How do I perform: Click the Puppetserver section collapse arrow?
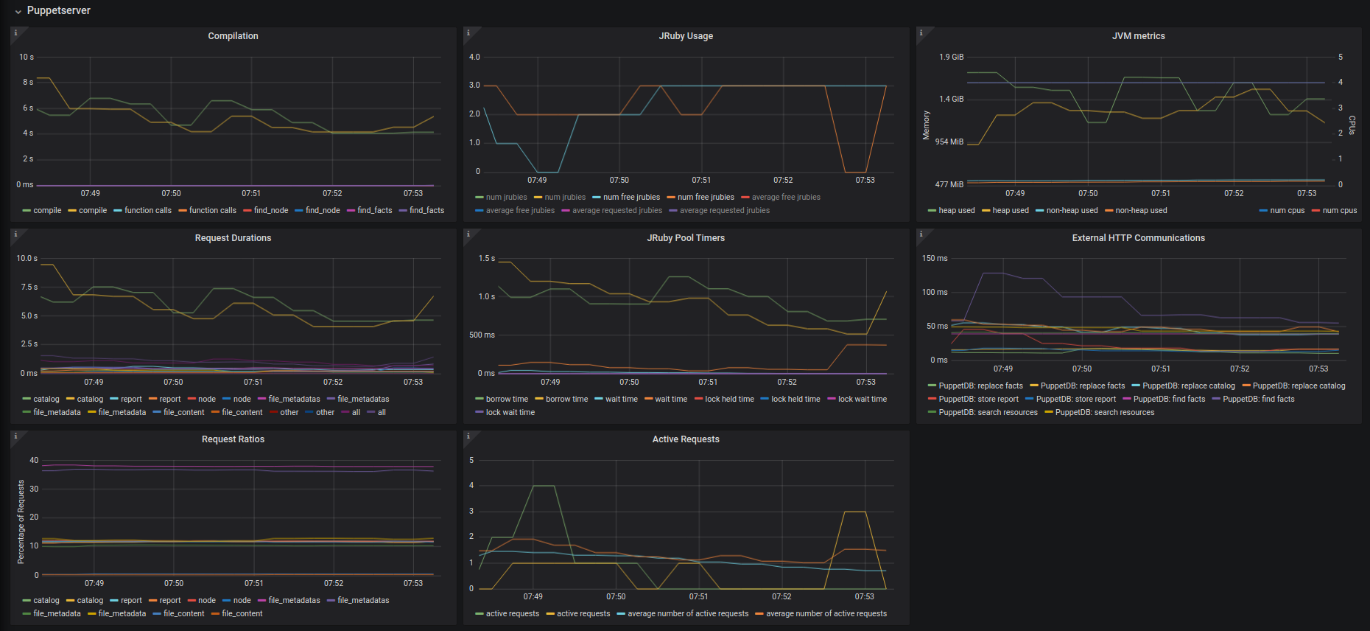(x=18, y=12)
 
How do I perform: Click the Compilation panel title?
(x=233, y=36)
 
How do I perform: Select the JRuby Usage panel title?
(x=685, y=36)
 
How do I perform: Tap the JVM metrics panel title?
(x=1138, y=36)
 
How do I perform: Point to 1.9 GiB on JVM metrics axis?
(x=951, y=57)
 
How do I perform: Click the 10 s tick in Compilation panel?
(x=27, y=57)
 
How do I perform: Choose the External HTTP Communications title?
(x=1138, y=238)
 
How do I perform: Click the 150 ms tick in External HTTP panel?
(x=934, y=258)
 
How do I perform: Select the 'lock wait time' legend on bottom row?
(x=510, y=412)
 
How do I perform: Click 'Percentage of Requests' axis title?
(x=21, y=522)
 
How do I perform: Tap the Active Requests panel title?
(x=685, y=439)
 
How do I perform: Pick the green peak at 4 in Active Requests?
(x=544, y=486)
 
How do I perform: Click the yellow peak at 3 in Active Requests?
(x=854, y=512)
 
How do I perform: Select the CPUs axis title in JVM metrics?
(x=1352, y=125)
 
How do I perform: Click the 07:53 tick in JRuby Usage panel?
(x=865, y=180)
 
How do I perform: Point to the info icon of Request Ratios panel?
(x=16, y=436)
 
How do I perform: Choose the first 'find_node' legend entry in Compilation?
(x=270, y=210)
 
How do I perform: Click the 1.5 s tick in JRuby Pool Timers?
(x=486, y=258)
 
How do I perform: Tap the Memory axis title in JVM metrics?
(x=926, y=125)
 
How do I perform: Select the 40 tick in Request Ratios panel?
(x=34, y=460)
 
